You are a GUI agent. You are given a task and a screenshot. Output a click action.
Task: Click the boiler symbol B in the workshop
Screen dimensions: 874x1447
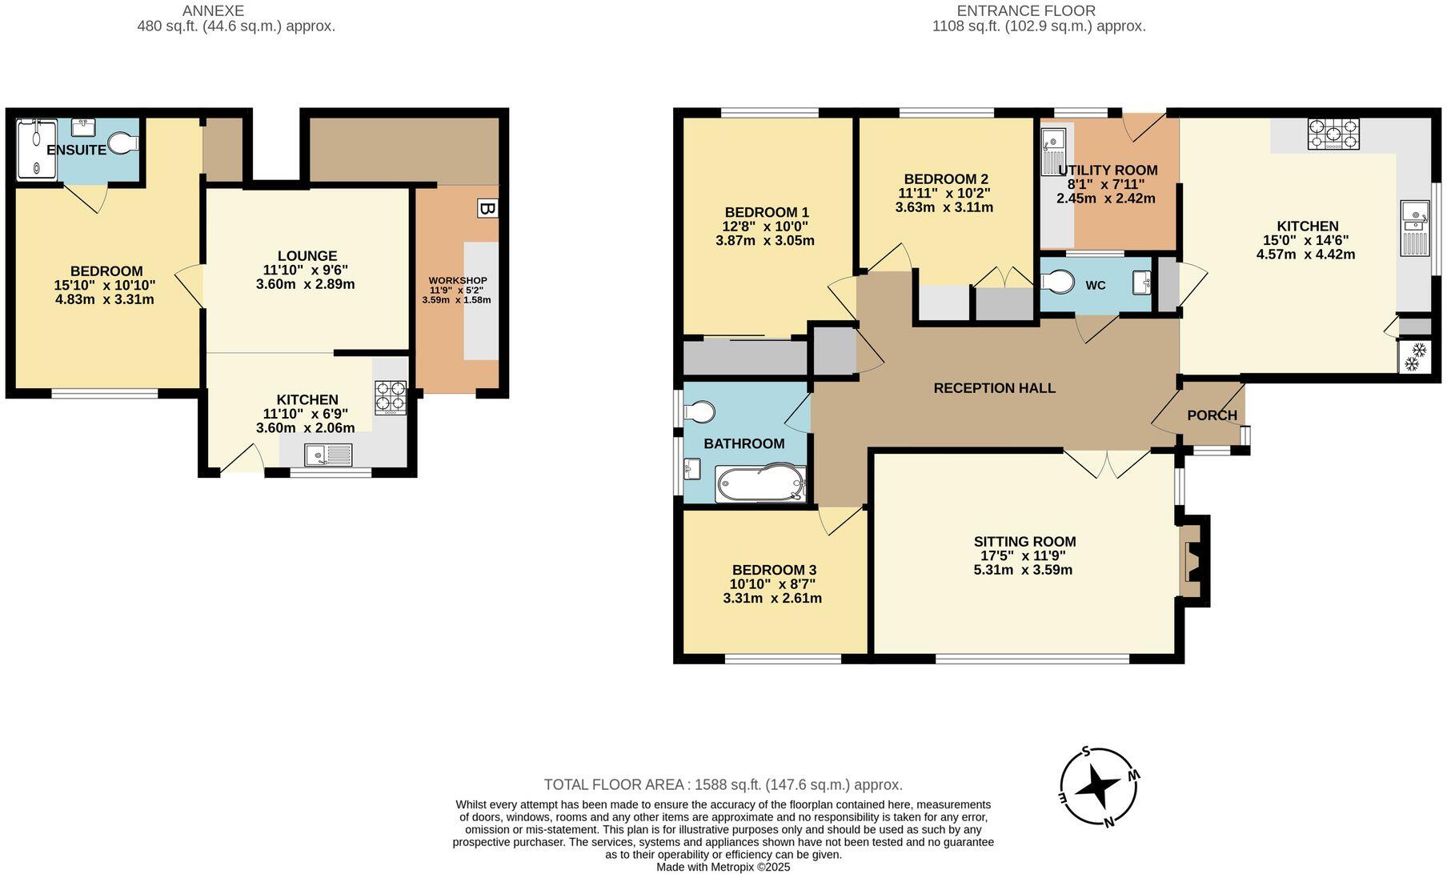[x=486, y=209]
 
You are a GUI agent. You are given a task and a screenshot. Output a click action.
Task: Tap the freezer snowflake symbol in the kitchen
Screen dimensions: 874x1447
[x=1413, y=357]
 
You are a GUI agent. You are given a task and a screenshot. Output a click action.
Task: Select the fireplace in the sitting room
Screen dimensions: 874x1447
[x=1192, y=560]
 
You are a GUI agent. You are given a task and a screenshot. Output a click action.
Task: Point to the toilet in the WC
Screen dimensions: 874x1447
[x=1060, y=283]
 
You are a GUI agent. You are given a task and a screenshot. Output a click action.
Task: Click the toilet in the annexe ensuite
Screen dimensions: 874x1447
[x=123, y=143]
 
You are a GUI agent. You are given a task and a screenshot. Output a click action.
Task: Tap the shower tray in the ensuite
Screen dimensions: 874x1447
[x=37, y=149]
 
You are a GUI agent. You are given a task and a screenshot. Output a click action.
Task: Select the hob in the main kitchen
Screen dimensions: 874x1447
[x=1333, y=134]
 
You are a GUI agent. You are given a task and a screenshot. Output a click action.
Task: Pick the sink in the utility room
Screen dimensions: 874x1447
[x=1053, y=150]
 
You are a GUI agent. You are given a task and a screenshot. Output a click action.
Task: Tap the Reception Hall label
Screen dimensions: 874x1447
[x=994, y=388]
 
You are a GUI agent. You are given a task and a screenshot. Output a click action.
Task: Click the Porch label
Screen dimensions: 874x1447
[x=1212, y=415]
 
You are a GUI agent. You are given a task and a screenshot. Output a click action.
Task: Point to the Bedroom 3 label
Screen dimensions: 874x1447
[x=774, y=570]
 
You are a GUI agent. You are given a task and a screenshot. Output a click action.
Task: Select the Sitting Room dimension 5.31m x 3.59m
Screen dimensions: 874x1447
[x=1023, y=571]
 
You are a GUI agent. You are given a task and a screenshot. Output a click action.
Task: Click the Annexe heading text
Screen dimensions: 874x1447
[x=213, y=11]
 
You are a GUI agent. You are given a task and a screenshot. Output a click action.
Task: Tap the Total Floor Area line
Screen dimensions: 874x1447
[x=723, y=785]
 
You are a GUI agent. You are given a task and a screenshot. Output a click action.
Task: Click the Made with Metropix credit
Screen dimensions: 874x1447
[x=723, y=867]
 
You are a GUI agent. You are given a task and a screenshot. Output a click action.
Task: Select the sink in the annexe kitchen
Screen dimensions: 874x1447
[x=328, y=455]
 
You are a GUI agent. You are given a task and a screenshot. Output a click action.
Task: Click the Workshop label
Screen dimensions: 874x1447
[x=458, y=280]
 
